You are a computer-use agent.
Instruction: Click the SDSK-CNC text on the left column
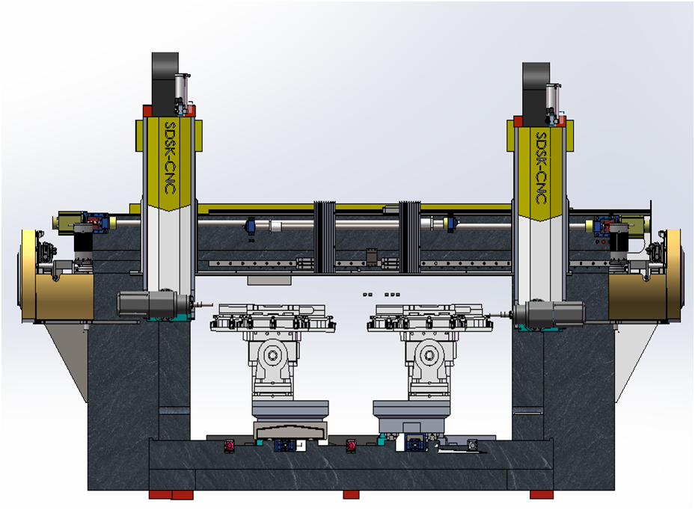pyautogui.click(x=171, y=158)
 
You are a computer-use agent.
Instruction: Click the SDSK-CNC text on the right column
pyautogui.click(x=541, y=168)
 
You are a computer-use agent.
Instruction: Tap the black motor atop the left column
pyautogui.click(x=165, y=85)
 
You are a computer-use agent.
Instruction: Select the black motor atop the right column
pyautogui.click(x=536, y=94)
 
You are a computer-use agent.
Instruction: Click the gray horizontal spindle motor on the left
pyautogui.click(x=153, y=304)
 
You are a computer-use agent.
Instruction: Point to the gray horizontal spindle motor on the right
pyautogui.click(x=549, y=313)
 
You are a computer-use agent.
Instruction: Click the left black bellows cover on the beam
pyautogui.click(x=325, y=237)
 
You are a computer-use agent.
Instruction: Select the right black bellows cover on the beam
pyautogui.click(x=409, y=237)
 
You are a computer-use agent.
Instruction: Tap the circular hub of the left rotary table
pyautogui.click(x=272, y=355)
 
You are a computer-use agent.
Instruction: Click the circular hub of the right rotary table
pyautogui.click(x=429, y=355)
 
